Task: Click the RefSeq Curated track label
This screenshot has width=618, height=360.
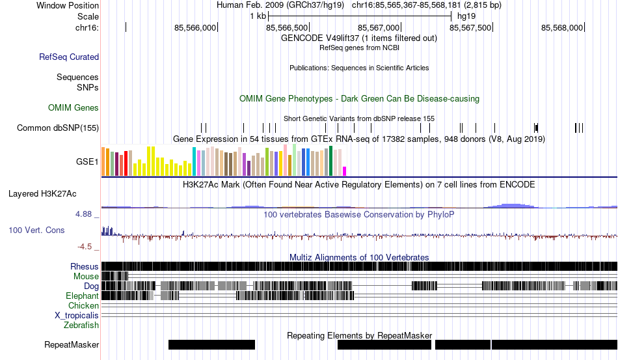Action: pos(69,57)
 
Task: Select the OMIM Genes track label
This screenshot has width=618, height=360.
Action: pos(74,107)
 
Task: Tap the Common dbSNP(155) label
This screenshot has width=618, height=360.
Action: pos(58,128)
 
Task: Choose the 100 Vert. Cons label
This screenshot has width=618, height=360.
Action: pos(36,230)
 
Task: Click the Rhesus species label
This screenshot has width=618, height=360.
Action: pos(85,266)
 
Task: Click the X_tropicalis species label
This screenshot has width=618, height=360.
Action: pos(77,315)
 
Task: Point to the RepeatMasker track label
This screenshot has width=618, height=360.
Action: pos(72,344)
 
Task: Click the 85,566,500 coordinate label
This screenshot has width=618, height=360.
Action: pos(288,28)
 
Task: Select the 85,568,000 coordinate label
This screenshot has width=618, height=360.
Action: pos(562,28)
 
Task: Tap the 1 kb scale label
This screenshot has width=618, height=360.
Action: pos(258,16)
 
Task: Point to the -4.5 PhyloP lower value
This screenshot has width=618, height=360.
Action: pos(85,247)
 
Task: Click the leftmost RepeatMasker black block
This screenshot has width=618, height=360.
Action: pos(211,344)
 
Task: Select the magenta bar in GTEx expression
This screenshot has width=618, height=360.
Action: pos(345,171)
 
